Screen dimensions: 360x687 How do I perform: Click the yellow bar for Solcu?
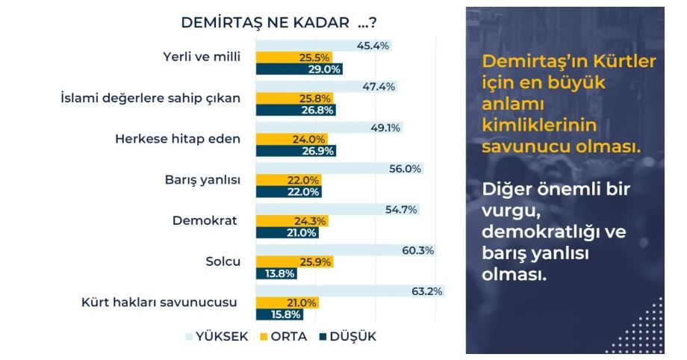pyautogui.click(x=294, y=262)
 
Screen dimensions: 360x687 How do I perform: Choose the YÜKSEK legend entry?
pyautogui.click(x=217, y=336)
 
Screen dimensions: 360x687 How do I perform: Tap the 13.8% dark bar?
pyautogui.click(x=276, y=274)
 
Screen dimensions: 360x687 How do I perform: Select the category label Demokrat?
pyautogui.click(x=205, y=221)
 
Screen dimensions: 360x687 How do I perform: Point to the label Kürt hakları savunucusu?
pyautogui.click(x=159, y=302)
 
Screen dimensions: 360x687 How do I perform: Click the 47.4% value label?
pyautogui.click(x=384, y=87)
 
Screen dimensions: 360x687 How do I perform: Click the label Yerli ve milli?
pyautogui.click(x=202, y=57)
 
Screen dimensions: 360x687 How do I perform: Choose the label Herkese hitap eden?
pyautogui.click(x=178, y=139)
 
